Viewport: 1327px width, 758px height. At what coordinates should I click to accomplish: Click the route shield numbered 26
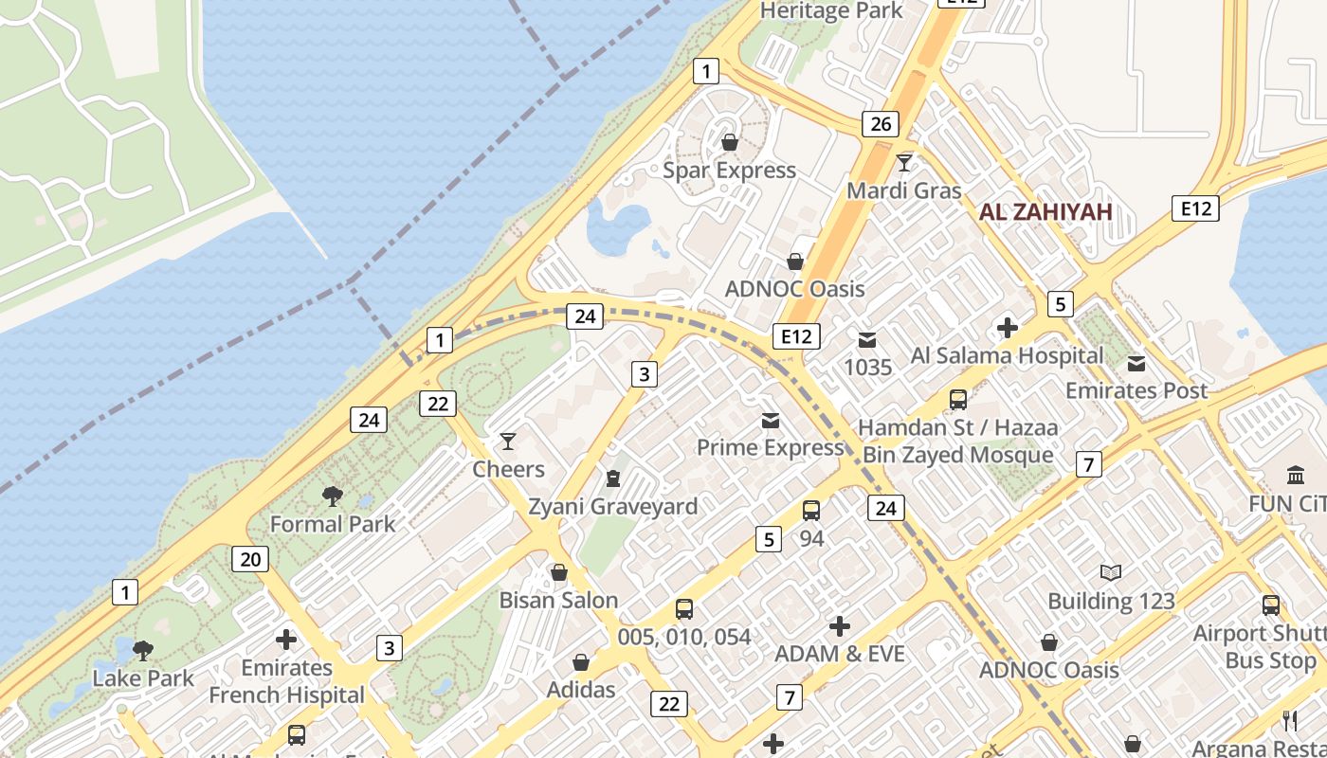click(880, 124)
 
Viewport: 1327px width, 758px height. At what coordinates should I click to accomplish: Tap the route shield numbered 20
click(250, 559)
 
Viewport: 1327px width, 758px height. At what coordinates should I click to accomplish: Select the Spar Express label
click(729, 171)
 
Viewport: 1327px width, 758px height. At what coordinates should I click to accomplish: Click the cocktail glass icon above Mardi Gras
click(904, 163)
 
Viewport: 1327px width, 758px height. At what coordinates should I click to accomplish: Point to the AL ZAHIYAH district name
click(1045, 212)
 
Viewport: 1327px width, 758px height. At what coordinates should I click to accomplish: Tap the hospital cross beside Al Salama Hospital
click(1007, 329)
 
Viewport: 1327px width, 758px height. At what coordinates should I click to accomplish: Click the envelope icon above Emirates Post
click(1136, 364)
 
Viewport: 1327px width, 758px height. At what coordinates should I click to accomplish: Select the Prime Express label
click(770, 447)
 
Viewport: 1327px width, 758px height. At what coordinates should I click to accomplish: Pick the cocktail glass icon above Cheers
click(508, 442)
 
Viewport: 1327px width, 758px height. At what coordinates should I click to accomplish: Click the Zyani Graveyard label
click(613, 507)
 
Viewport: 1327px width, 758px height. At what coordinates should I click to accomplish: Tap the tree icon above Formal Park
click(332, 496)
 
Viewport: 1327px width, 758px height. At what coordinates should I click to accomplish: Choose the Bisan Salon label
click(558, 601)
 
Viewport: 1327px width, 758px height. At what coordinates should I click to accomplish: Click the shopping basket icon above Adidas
click(580, 662)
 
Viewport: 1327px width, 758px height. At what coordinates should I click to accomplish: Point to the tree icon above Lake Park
click(143, 651)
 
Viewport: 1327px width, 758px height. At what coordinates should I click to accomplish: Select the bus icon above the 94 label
click(811, 511)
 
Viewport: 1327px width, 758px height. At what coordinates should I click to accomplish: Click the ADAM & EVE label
click(840, 655)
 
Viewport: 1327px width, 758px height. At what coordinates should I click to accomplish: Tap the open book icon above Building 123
click(1111, 572)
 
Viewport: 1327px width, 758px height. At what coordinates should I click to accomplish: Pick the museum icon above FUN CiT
click(1295, 475)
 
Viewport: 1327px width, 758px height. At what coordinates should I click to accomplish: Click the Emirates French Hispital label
click(286, 681)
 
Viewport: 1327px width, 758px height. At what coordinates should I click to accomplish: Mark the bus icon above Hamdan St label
click(958, 400)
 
